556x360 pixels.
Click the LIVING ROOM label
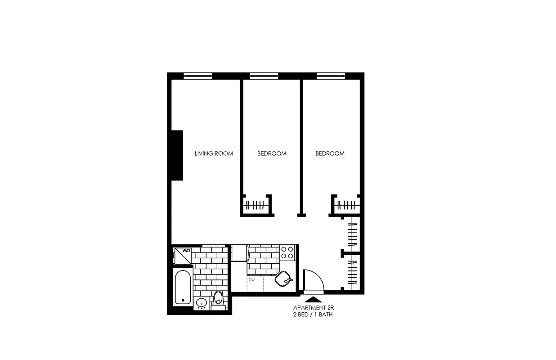(214, 153)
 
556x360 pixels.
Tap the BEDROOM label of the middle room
(272, 153)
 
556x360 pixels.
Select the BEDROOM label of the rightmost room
(330, 153)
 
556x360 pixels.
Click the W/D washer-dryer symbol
(183, 255)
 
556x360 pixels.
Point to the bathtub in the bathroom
(182, 288)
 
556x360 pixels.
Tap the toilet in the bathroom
(218, 298)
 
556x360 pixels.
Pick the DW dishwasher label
(251, 279)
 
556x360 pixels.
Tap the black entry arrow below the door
(314, 298)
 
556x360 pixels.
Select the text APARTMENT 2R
(314, 308)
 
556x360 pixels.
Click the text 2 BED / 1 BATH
(313, 315)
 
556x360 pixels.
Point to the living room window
(197, 76)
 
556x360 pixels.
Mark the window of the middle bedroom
(264, 76)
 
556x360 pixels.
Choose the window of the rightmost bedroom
(331, 76)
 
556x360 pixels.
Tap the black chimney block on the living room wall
(177, 155)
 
